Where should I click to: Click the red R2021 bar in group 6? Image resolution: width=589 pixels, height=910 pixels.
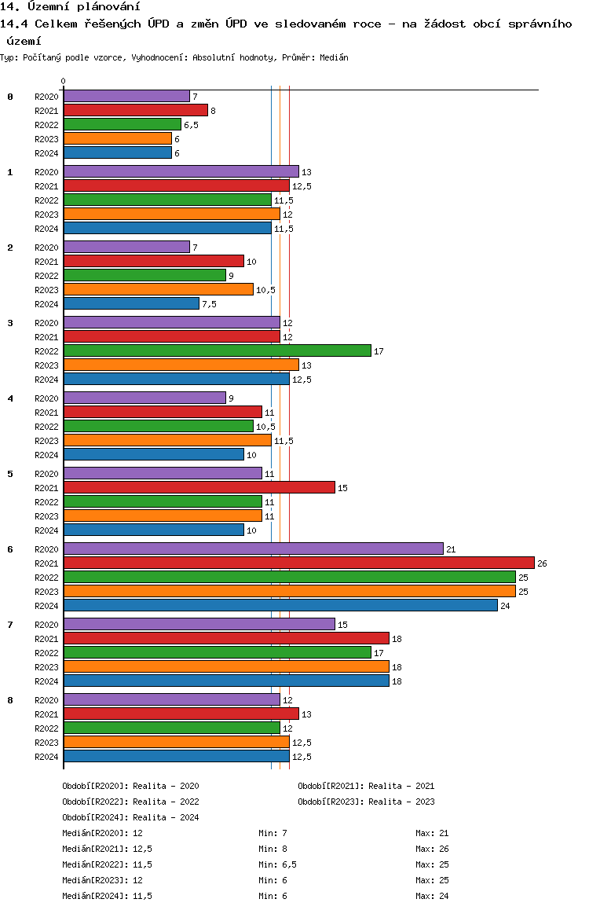coord(299,563)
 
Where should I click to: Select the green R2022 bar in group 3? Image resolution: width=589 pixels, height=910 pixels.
coord(218,350)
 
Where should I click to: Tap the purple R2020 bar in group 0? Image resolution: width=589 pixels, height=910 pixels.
coord(127,97)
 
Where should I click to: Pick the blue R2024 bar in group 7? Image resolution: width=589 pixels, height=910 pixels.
coord(227,681)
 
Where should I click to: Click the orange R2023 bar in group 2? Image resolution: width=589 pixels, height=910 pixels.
coord(159,290)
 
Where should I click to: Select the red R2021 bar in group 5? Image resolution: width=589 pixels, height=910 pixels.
coord(199,487)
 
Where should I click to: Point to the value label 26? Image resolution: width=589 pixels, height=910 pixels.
coord(542,563)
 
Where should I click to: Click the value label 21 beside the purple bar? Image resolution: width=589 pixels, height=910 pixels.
coord(451,549)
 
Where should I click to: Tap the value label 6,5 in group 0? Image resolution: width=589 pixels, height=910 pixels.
coord(192,126)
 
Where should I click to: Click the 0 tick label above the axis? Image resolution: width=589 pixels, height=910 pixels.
coord(63,81)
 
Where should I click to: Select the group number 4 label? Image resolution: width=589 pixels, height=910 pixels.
coord(10,398)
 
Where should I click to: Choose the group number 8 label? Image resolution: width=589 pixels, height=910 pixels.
coord(10,700)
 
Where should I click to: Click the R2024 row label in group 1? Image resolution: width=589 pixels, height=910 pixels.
coord(46,229)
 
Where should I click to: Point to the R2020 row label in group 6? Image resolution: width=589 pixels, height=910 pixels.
coord(46,549)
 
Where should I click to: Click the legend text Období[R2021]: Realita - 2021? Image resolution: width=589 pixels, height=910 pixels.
coord(366,786)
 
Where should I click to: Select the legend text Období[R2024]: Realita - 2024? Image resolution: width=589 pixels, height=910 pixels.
coord(130,817)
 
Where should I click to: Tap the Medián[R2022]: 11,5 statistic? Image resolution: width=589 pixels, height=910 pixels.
coord(108,864)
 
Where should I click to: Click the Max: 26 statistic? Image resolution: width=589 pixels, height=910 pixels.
coord(432,849)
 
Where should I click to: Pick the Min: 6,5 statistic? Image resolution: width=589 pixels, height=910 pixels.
coord(278,864)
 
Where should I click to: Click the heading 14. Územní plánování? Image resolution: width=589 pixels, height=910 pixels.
coord(70,6)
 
